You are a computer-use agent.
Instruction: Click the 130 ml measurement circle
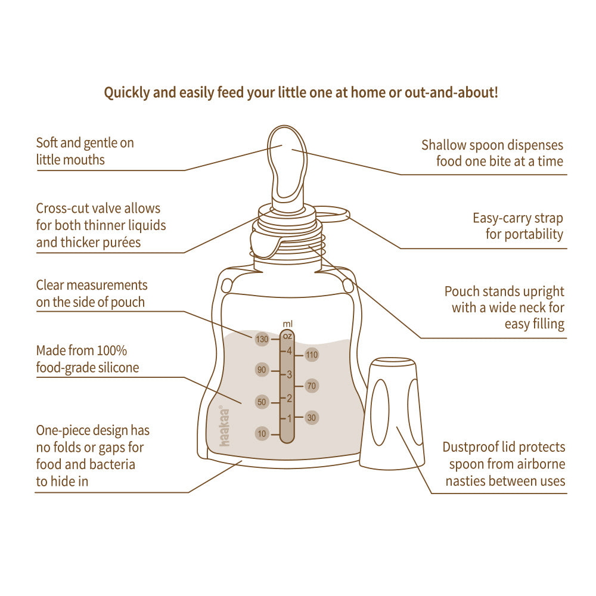point(262,339)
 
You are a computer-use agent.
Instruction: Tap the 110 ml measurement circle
point(312,355)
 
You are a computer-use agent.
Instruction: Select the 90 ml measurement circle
point(262,370)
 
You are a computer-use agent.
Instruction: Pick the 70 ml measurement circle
point(312,386)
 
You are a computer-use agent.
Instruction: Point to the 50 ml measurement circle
point(262,402)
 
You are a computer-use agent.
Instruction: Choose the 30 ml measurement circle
point(312,418)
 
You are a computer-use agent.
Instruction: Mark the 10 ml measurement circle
point(262,434)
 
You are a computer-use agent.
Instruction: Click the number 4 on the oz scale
point(289,351)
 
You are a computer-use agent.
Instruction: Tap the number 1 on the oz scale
point(289,418)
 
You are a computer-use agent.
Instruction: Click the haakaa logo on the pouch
point(225,426)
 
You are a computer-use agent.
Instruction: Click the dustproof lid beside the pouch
point(392,414)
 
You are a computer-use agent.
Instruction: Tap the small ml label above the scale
point(288,324)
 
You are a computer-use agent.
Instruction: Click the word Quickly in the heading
point(127,93)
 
